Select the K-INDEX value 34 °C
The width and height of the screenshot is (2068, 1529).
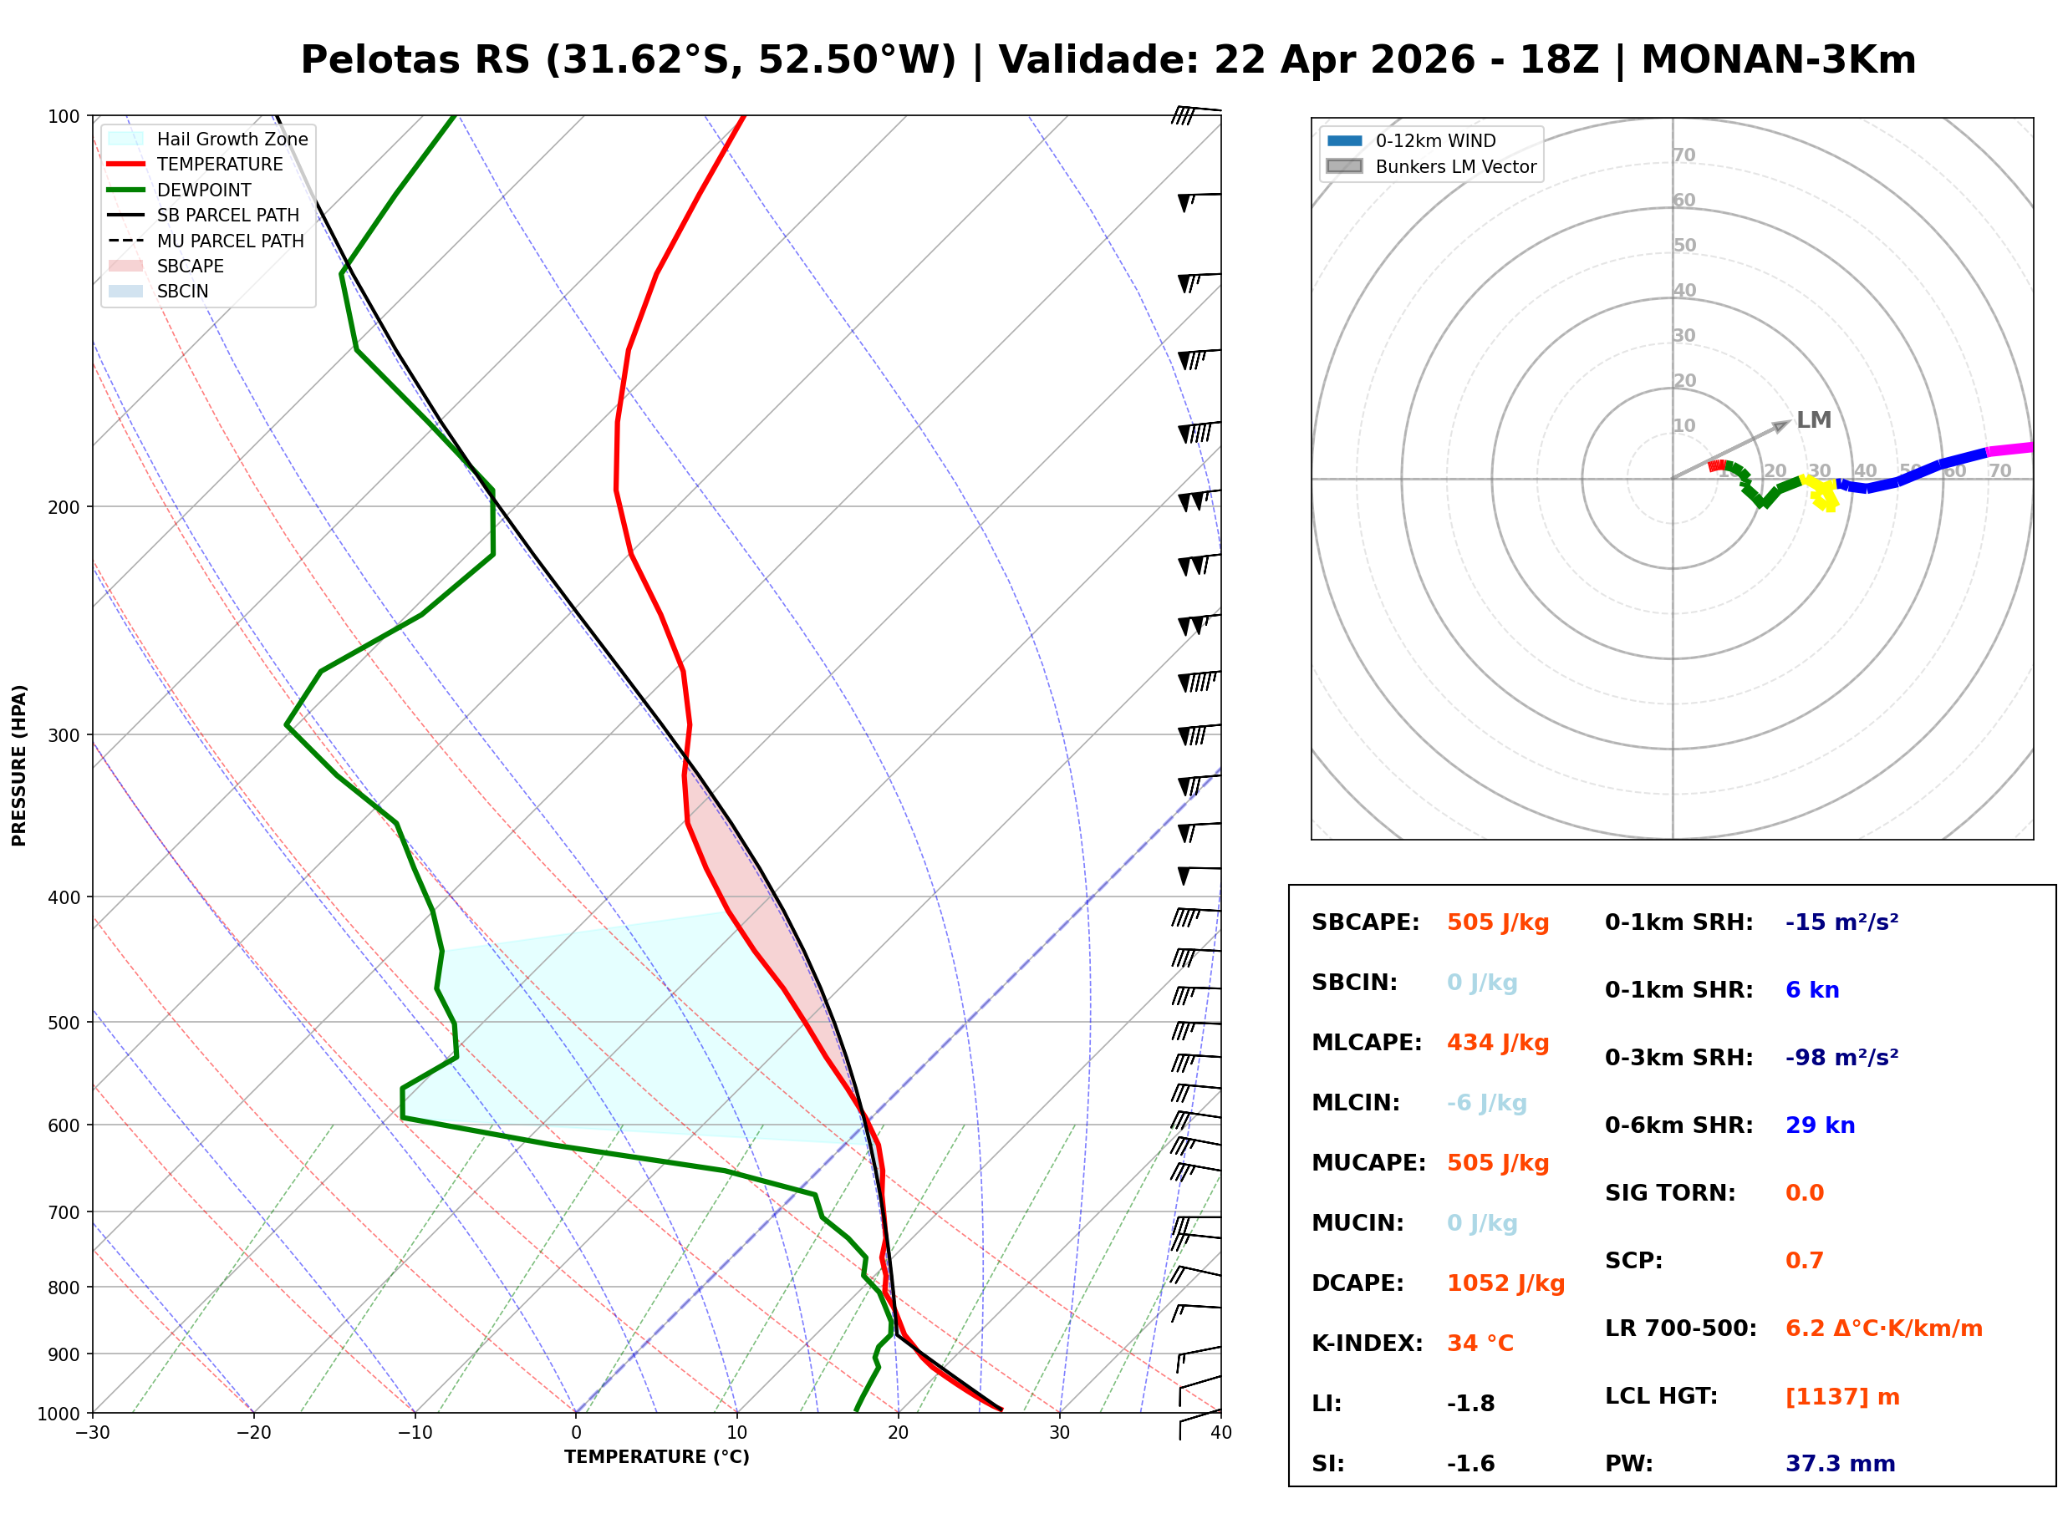click(x=1480, y=1343)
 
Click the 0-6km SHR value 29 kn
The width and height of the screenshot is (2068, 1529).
click(x=1819, y=1125)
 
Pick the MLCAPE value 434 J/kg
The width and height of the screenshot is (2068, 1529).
click(x=1497, y=1042)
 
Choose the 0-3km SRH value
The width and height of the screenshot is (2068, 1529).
click(x=1841, y=1057)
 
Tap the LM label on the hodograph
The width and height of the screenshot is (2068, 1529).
click(x=1813, y=419)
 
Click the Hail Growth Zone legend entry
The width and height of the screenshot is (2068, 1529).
click(x=232, y=139)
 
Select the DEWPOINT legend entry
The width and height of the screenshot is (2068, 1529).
click(x=204, y=190)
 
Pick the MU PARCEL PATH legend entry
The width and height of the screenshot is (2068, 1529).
click(x=230, y=241)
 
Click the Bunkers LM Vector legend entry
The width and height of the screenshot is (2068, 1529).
click(x=1455, y=166)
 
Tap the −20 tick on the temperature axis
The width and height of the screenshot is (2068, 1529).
click(x=253, y=1433)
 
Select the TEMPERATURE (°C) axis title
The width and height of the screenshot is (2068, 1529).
click(x=656, y=1457)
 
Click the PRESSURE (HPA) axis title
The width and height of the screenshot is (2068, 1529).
click(x=19, y=764)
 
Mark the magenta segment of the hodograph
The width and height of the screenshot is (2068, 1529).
click(x=2009, y=449)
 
